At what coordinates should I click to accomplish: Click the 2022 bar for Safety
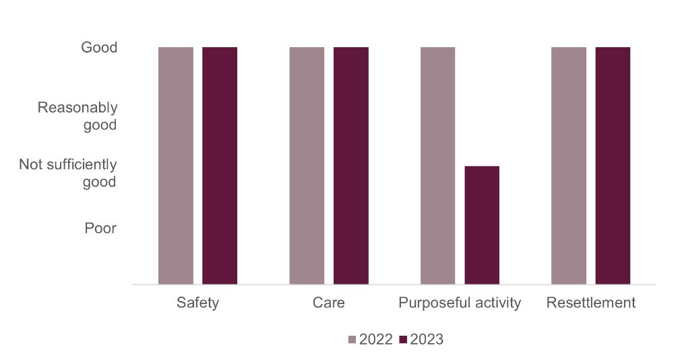pyautogui.click(x=176, y=166)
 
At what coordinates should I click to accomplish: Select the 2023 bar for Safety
pyautogui.click(x=220, y=166)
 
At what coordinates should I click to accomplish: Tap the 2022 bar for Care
pyautogui.click(x=307, y=166)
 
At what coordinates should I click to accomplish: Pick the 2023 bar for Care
pyautogui.click(x=351, y=166)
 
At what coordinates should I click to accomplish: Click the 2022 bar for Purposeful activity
pyautogui.click(x=437, y=166)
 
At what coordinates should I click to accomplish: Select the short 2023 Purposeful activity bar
pyautogui.click(x=482, y=225)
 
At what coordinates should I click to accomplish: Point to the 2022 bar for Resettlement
pyautogui.click(x=569, y=166)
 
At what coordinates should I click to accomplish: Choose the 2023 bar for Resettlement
pyautogui.click(x=613, y=166)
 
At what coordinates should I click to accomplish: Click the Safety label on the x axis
pyautogui.click(x=197, y=303)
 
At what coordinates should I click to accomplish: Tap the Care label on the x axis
pyautogui.click(x=329, y=303)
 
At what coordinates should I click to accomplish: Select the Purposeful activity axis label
pyautogui.click(x=460, y=303)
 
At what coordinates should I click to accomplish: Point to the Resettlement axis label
pyautogui.click(x=590, y=303)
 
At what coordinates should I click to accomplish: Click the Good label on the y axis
pyautogui.click(x=99, y=48)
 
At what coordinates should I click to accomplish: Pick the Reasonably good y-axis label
pyautogui.click(x=78, y=116)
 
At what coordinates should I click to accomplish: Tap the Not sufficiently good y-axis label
pyautogui.click(x=68, y=173)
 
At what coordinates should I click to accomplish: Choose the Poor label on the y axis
pyautogui.click(x=100, y=229)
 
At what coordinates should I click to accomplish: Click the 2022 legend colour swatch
pyautogui.click(x=352, y=340)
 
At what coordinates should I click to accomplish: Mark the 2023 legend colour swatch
pyautogui.click(x=404, y=340)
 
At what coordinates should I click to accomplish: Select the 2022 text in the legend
pyautogui.click(x=375, y=340)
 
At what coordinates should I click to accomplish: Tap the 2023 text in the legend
pyautogui.click(x=427, y=340)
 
